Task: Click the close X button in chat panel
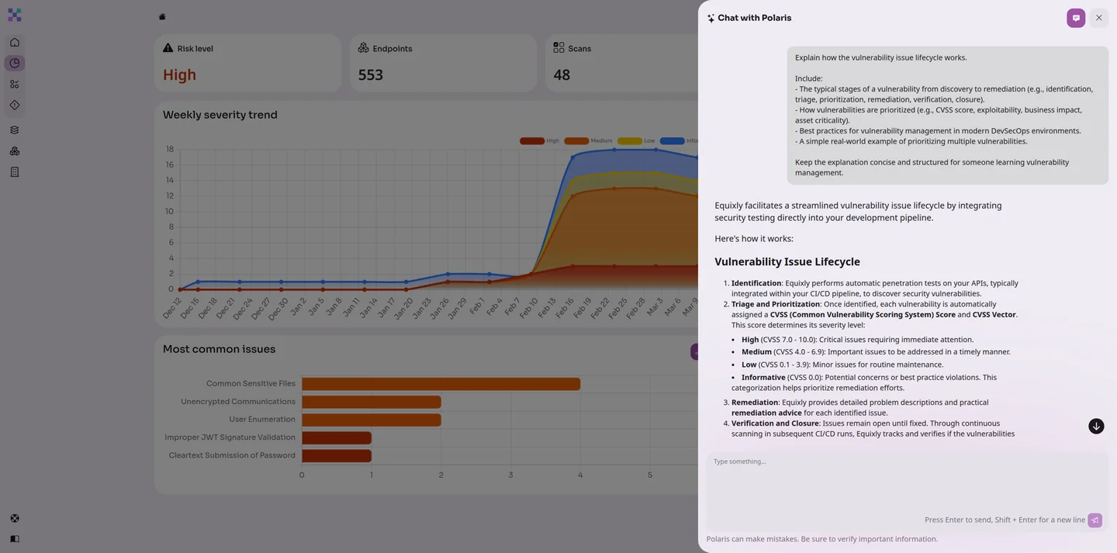click(1098, 18)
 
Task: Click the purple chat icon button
click(1076, 18)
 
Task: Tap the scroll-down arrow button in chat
click(1096, 426)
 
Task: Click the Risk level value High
click(179, 75)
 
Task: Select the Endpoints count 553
click(371, 75)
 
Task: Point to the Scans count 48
click(562, 75)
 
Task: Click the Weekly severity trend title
click(220, 115)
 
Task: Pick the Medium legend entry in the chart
click(589, 141)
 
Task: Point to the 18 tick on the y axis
click(169, 149)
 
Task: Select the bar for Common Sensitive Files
click(441, 384)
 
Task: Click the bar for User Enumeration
click(371, 420)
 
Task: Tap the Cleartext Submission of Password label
click(232, 455)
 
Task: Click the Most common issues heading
click(219, 349)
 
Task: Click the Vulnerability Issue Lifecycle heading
click(787, 262)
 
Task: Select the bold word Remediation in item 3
click(755, 403)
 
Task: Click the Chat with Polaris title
click(754, 18)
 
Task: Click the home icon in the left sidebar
click(15, 42)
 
